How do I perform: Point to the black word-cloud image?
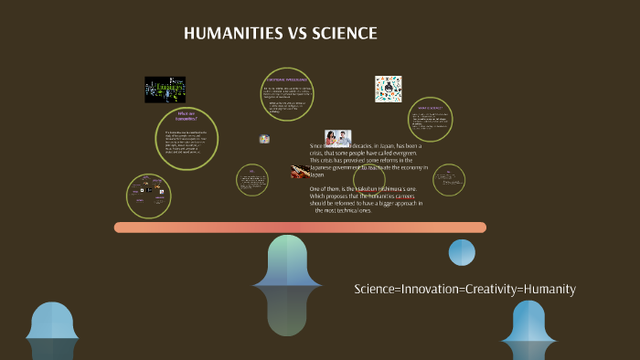pyautogui.click(x=165, y=90)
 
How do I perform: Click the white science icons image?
pyautogui.click(x=389, y=89)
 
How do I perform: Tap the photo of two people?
pyautogui.click(x=337, y=138)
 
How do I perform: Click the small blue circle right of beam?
pyautogui.click(x=462, y=252)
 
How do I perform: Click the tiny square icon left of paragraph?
pyautogui.click(x=264, y=139)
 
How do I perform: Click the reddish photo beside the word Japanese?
pyautogui.click(x=299, y=171)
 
